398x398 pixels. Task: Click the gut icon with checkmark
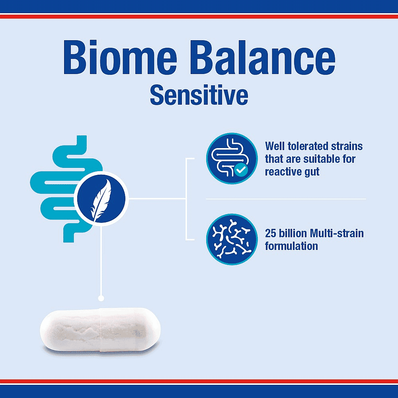(232, 158)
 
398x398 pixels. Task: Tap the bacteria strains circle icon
(232, 239)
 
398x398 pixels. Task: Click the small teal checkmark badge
(241, 170)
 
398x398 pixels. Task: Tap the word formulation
(291, 246)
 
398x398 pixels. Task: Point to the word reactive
(283, 172)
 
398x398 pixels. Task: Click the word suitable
(314, 159)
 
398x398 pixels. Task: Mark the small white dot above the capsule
(101, 298)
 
